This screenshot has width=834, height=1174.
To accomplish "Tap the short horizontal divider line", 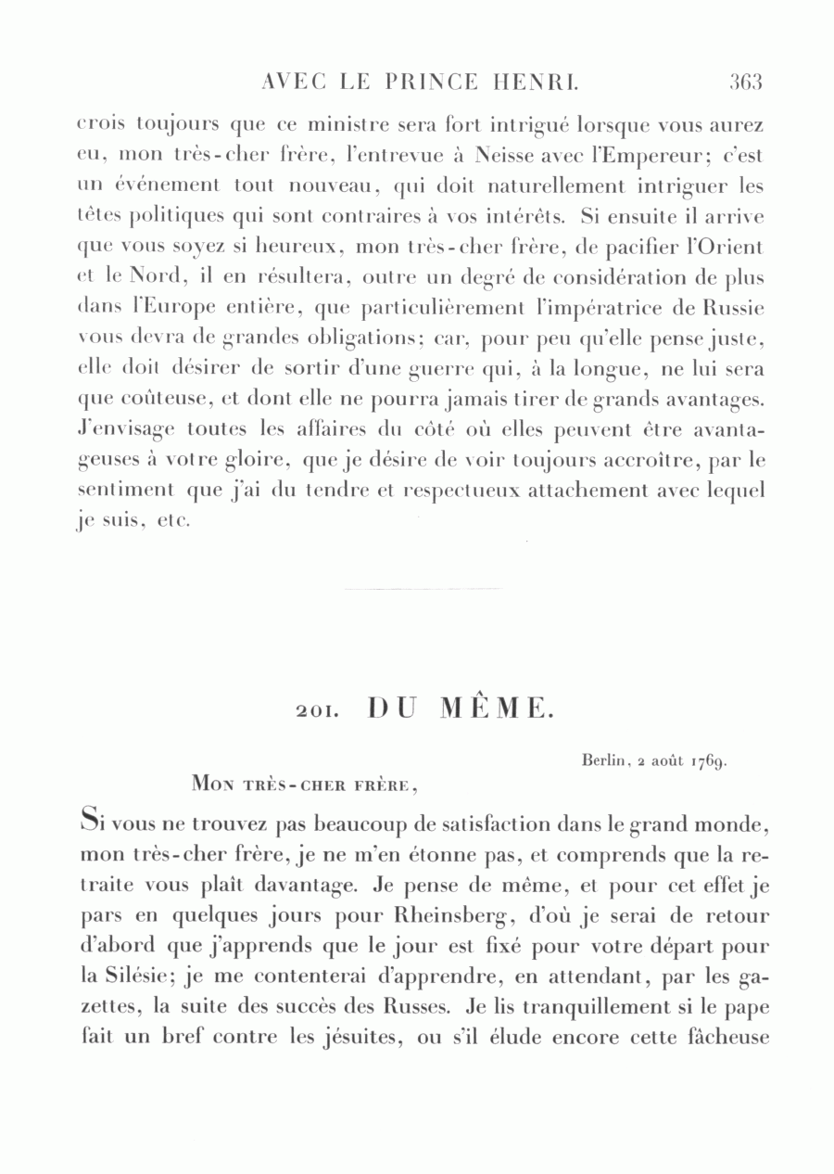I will point(423,589).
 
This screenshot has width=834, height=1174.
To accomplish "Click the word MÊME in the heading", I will point(497,709).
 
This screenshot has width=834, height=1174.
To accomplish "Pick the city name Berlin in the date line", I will point(606,761).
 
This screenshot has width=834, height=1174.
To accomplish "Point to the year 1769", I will point(709,762).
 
